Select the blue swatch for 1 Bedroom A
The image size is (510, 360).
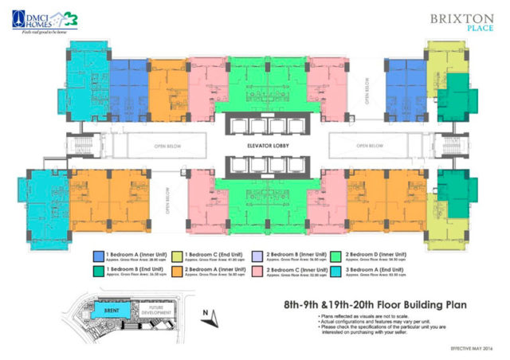pos(99,256)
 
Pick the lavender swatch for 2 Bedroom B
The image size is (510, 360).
pos(257,256)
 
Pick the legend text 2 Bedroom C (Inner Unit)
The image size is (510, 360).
pos(291,269)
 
